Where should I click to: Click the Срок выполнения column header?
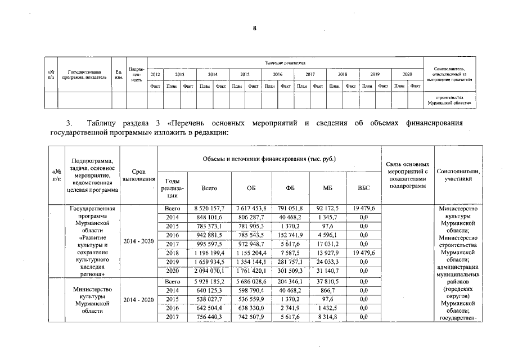point(139,175)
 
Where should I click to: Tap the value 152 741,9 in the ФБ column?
point(289,235)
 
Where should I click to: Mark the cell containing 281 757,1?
point(289,262)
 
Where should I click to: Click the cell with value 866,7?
point(327,289)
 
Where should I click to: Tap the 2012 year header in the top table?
point(155,74)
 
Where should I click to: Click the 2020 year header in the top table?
point(407,74)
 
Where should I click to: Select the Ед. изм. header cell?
point(119,74)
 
